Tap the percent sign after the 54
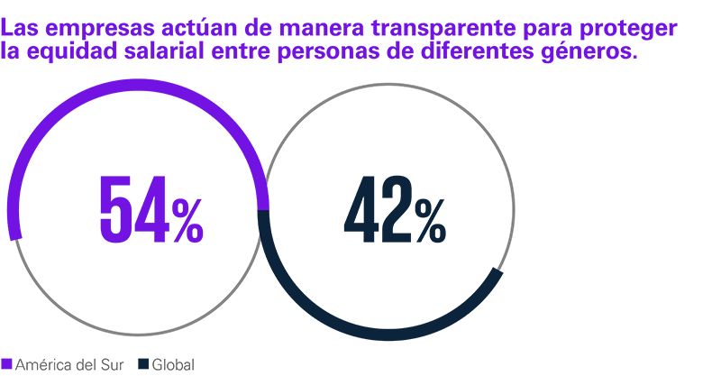tap(187, 221)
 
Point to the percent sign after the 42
tap(431, 221)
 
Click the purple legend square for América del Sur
tap(6, 364)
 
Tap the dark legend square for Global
tap(143, 364)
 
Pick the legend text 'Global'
tap(173, 364)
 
